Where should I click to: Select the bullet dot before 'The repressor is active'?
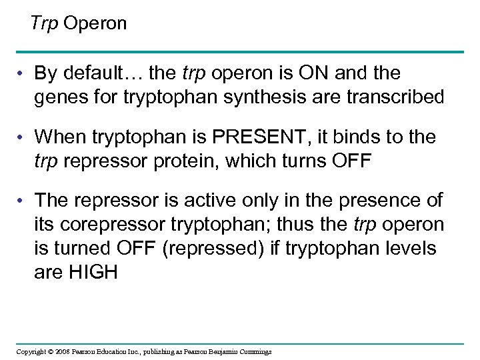[23, 202]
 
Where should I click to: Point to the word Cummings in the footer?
[254, 351]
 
